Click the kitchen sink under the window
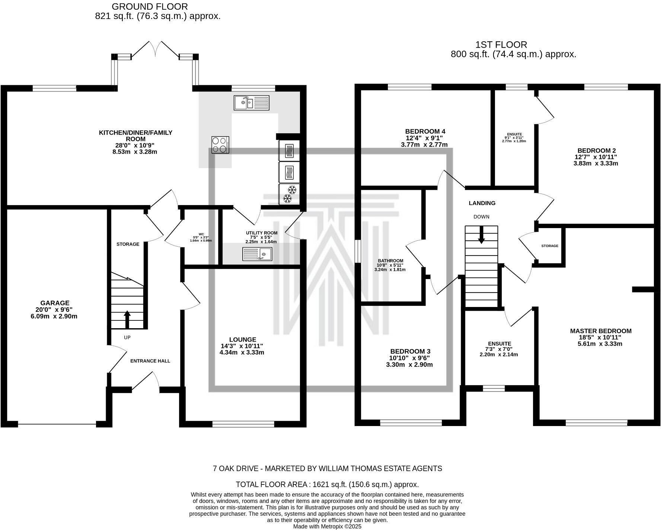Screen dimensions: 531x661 click(251, 102)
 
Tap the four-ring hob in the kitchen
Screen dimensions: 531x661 click(220, 145)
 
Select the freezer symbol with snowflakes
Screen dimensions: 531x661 click(289, 194)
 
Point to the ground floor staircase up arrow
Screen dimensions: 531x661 click(127, 319)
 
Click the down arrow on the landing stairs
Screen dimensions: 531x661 click(481, 235)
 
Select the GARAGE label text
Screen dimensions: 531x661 click(55, 303)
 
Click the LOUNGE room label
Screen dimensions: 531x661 click(243, 339)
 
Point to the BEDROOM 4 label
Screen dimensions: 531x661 click(425, 131)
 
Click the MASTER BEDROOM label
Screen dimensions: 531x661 click(601, 331)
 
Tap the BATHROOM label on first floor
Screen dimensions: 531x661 click(390, 261)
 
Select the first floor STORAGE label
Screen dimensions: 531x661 click(550, 246)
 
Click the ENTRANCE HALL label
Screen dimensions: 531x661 click(150, 361)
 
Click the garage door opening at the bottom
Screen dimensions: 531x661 click(57, 424)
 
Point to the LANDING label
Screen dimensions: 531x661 click(482, 203)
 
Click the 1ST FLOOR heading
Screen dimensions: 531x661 click(501, 45)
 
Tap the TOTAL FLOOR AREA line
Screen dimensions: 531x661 click(327, 484)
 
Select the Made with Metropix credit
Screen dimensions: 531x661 click(327, 527)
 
